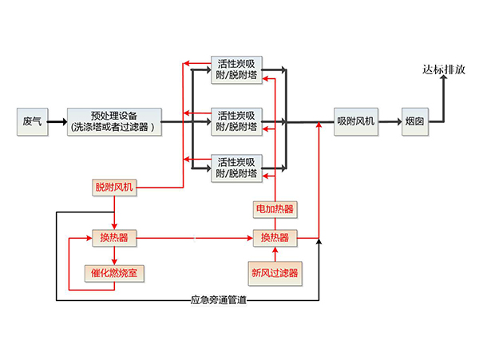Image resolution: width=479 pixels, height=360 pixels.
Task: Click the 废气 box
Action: pos(32,122)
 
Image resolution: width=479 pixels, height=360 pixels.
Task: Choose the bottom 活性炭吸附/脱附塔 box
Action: pos(237,168)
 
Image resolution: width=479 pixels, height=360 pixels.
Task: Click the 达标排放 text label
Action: pos(444,69)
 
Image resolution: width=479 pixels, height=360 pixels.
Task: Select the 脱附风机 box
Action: pos(115,188)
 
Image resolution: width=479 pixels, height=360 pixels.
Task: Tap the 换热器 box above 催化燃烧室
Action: pos(114,238)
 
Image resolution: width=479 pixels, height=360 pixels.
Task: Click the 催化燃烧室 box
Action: pos(114,273)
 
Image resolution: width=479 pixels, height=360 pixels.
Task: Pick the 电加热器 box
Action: pos(274,209)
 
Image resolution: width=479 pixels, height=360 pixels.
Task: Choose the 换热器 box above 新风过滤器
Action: pos(274,238)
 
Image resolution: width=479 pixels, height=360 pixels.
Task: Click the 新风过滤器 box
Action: pos(274,273)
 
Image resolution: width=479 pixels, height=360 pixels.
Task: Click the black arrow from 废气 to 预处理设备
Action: pos(56,123)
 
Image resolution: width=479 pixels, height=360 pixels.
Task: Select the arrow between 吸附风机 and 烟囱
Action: pos(388,123)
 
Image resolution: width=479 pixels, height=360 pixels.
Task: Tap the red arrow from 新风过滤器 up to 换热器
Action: pos(274,255)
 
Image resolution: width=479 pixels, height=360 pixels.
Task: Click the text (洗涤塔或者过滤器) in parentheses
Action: pos(114,128)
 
